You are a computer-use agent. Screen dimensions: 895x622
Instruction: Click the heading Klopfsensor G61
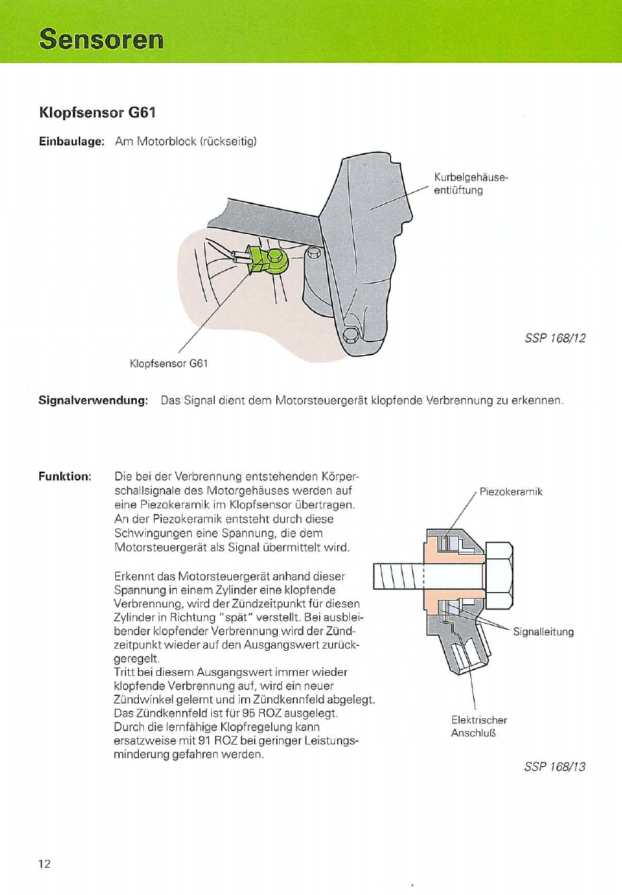click(97, 113)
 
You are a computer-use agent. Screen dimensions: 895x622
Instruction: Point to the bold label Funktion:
click(64, 475)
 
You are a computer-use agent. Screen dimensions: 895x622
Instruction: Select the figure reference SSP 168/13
click(555, 767)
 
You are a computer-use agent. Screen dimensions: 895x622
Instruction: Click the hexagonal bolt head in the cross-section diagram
click(500, 576)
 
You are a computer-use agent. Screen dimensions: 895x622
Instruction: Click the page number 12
click(44, 863)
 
